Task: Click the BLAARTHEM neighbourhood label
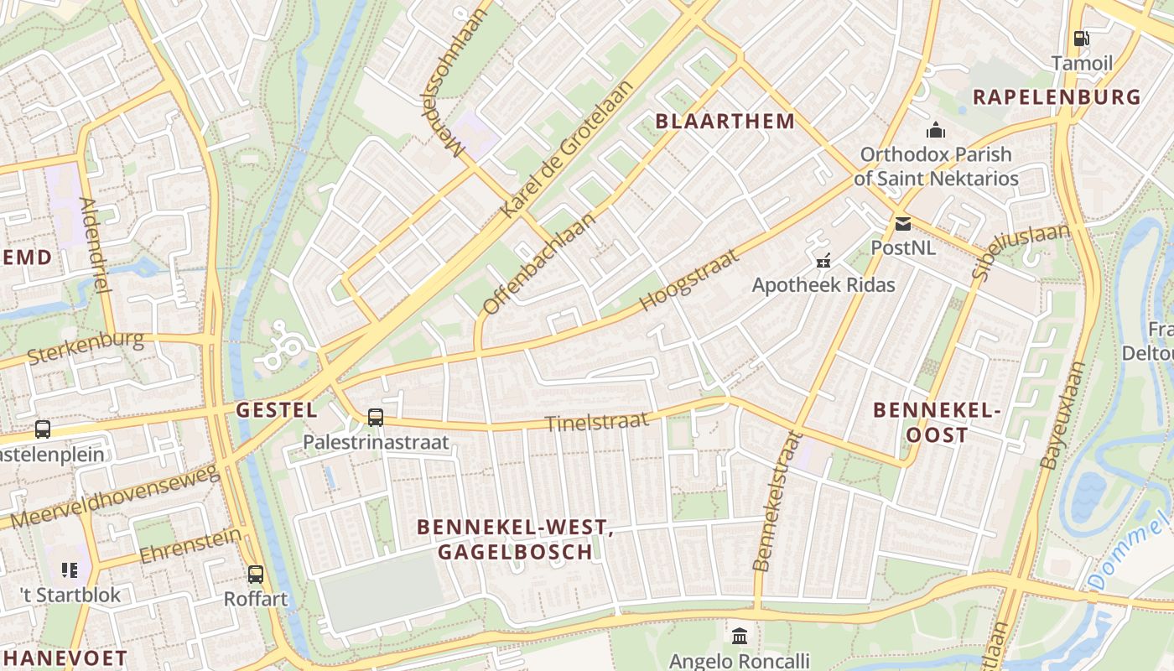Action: click(x=725, y=121)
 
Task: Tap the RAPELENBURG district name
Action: click(x=1057, y=96)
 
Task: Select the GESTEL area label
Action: click(x=277, y=410)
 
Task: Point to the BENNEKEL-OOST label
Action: click(x=938, y=423)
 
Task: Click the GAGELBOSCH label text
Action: click(x=515, y=551)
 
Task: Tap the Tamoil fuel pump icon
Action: click(x=1081, y=38)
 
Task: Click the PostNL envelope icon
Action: click(x=902, y=224)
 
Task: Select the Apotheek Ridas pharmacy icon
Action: click(x=823, y=261)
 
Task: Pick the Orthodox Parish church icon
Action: click(x=935, y=130)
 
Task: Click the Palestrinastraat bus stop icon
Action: click(x=376, y=417)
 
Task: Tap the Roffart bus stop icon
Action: click(x=256, y=575)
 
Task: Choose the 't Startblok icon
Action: click(x=70, y=570)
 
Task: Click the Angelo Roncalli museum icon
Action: click(x=740, y=636)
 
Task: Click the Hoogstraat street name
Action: click(x=689, y=280)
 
